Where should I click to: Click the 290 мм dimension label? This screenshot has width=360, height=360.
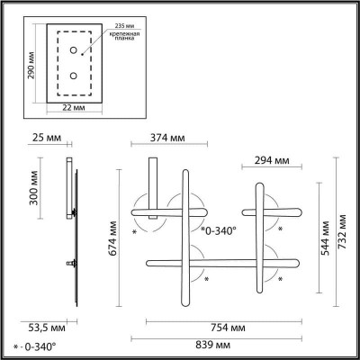31,66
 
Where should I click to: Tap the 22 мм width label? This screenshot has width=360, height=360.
74,107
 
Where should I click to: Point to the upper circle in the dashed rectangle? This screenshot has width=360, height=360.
74,50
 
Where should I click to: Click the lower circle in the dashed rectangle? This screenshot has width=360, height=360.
74,76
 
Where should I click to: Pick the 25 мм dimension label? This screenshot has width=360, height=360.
47,138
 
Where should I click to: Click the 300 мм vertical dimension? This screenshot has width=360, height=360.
34,188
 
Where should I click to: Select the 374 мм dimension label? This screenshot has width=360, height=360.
167,138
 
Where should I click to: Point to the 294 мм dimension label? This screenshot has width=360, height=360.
272,160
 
